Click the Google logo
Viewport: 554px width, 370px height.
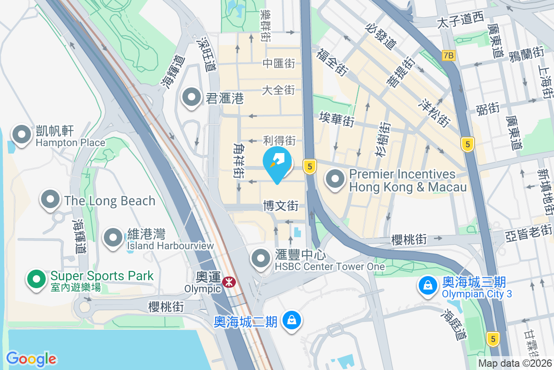pyautogui.click(x=31, y=358)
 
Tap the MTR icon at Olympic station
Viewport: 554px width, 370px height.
pyautogui.click(x=228, y=282)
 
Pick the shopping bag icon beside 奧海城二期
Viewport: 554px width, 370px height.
pyautogui.click(x=292, y=320)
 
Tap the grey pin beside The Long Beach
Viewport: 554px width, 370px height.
pyautogui.click(x=50, y=200)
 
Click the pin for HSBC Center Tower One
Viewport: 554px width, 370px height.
pyautogui.click(x=261, y=258)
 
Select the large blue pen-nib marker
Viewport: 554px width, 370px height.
pyautogui.click(x=277, y=162)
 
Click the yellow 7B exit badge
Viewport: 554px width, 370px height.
pyautogui.click(x=448, y=55)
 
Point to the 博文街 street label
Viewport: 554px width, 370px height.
pyautogui.click(x=281, y=205)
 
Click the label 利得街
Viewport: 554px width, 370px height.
pyautogui.click(x=279, y=140)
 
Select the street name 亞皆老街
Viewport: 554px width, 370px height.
pyautogui.click(x=529, y=229)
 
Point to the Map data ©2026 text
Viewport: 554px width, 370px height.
pyautogui.click(x=515, y=363)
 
